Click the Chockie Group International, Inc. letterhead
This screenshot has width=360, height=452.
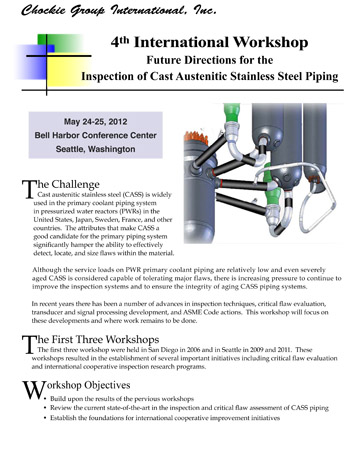pos(119,10)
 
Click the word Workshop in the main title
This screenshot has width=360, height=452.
pos(270,43)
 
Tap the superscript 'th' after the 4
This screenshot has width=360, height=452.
pos(124,40)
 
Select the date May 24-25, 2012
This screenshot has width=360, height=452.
pos(96,122)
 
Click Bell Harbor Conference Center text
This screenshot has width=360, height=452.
pos(96,135)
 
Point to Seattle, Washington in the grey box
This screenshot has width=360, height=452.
pos(96,149)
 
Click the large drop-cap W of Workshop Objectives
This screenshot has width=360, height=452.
pos(34,390)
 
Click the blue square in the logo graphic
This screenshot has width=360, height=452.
pos(51,49)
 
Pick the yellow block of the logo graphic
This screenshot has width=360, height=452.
pos(67,69)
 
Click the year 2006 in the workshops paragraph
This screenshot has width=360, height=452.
pos(194,350)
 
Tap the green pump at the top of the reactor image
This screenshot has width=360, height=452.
pos(232,113)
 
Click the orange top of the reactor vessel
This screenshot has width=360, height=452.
pos(196,137)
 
